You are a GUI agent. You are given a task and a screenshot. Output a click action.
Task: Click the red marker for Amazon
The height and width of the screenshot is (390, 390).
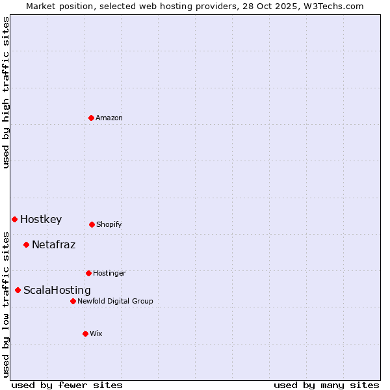tap(91, 118)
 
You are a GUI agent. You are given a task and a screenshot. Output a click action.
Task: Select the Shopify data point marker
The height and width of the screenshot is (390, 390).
tap(92, 224)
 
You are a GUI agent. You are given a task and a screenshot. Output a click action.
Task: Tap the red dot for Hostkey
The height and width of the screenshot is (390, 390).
tap(14, 219)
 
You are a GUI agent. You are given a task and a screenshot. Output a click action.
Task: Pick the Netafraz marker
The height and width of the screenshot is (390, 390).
tap(26, 244)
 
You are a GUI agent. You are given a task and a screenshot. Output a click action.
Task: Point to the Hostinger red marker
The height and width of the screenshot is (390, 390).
tap(88, 273)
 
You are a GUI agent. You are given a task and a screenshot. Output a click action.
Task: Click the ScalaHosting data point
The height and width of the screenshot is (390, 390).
tap(18, 290)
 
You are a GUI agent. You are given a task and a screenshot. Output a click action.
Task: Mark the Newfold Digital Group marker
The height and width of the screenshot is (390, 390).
tap(73, 301)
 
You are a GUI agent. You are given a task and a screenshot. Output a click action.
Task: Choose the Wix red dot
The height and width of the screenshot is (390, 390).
tap(85, 333)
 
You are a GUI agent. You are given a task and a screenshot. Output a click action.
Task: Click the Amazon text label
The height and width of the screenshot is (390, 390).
tap(109, 118)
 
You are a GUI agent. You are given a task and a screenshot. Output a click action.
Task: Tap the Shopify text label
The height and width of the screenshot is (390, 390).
tap(109, 224)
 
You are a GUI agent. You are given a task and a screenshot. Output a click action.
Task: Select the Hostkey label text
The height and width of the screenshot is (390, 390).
tap(41, 219)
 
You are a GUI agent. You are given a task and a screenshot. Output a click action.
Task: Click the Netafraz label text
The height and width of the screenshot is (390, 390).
tap(53, 244)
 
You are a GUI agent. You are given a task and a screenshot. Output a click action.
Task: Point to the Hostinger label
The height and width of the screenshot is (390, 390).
tap(109, 273)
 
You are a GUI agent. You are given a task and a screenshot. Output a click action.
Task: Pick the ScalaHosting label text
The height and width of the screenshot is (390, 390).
tap(57, 290)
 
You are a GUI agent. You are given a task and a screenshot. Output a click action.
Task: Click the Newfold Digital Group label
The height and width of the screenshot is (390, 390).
tap(115, 301)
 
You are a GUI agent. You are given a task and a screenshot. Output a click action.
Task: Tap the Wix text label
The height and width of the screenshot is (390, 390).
tap(96, 333)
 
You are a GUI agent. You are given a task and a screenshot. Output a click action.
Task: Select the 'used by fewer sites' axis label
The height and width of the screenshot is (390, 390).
tap(67, 385)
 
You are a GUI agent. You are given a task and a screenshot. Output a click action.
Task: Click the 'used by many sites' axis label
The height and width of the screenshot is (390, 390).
tap(326, 385)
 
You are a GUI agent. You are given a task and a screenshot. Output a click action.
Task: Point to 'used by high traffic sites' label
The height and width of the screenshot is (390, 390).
tap(6, 92)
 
